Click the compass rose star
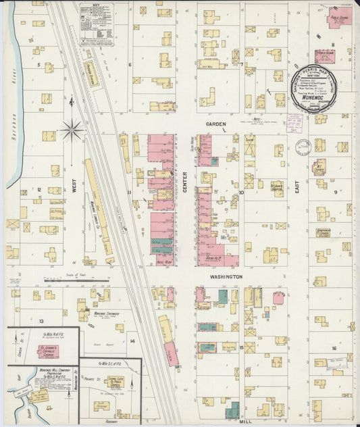click(x=72, y=128)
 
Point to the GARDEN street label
click(x=216, y=124)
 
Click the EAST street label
click(x=297, y=193)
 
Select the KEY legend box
click(x=96, y=24)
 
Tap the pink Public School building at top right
click(x=339, y=17)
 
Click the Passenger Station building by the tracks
click(x=91, y=72)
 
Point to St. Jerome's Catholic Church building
click(x=48, y=351)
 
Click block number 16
click(x=334, y=348)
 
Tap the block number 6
click(x=130, y=65)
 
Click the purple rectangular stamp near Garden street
click(x=294, y=122)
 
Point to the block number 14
click(x=132, y=341)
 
